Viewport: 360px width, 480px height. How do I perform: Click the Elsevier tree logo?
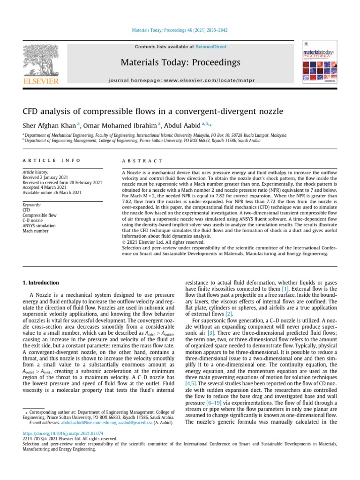[x=41, y=63]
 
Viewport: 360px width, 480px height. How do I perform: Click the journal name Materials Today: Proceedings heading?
[x=180, y=62]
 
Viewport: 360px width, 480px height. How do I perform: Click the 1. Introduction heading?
[x=41, y=283]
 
